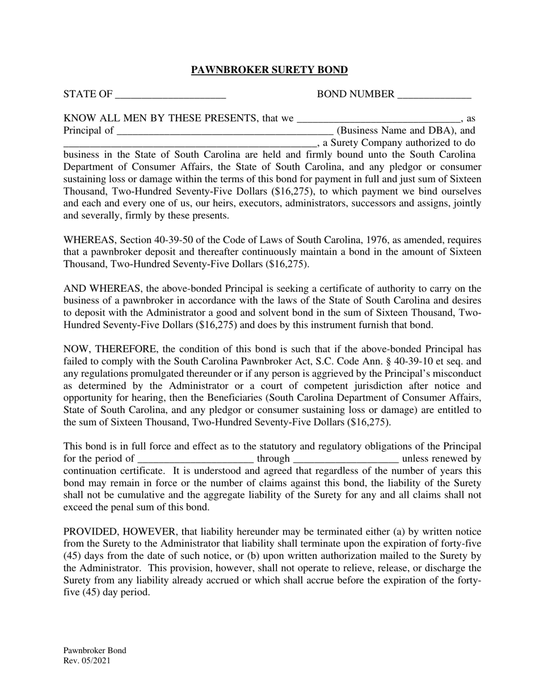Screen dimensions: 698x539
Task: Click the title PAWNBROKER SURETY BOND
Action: tap(269, 70)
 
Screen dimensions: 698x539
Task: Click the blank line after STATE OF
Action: tap(171, 94)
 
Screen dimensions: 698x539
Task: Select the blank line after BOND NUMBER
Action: tap(434, 94)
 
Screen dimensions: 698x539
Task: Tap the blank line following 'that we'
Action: tap(378, 119)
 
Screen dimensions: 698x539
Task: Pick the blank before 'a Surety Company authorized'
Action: tap(190, 143)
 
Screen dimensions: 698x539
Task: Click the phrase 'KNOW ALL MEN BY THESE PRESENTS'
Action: tap(159, 119)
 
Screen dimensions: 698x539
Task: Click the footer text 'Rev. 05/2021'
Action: tap(87, 661)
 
